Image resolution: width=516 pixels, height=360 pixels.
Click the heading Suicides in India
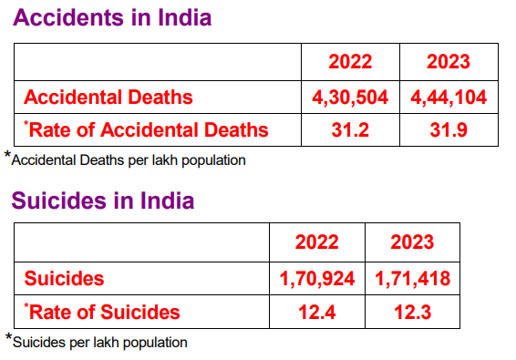tap(103, 200)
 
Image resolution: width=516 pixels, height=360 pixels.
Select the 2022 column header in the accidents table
tap(350, 62)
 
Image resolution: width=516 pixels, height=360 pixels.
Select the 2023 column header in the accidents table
tap(449, 62)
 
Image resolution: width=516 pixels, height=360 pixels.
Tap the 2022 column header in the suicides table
tap(316, 242)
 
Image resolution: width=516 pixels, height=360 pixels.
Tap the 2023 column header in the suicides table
tap(412, 242)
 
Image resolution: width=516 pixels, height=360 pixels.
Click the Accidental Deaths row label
tap(108, 97)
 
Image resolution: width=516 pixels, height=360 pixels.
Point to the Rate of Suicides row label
tap(102, 312)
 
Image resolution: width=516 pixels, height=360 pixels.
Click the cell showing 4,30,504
tap(350, 97)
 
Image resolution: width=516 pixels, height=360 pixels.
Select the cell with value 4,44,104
tap(449, 97)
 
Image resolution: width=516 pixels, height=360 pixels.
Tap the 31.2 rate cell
tap(350, 129)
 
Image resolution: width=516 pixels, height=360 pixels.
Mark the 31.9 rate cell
tap(449, 129)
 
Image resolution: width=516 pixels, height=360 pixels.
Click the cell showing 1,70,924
tap(316, 278)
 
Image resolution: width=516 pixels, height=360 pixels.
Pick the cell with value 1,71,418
tap(412, 278)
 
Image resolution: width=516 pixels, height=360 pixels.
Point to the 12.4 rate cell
tap(316, 312)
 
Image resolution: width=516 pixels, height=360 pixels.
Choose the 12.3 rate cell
tap(412, 312)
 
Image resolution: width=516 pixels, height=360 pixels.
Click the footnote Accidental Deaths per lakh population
tap(129, 159)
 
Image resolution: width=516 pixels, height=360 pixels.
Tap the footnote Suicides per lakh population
tap(99, 343)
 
